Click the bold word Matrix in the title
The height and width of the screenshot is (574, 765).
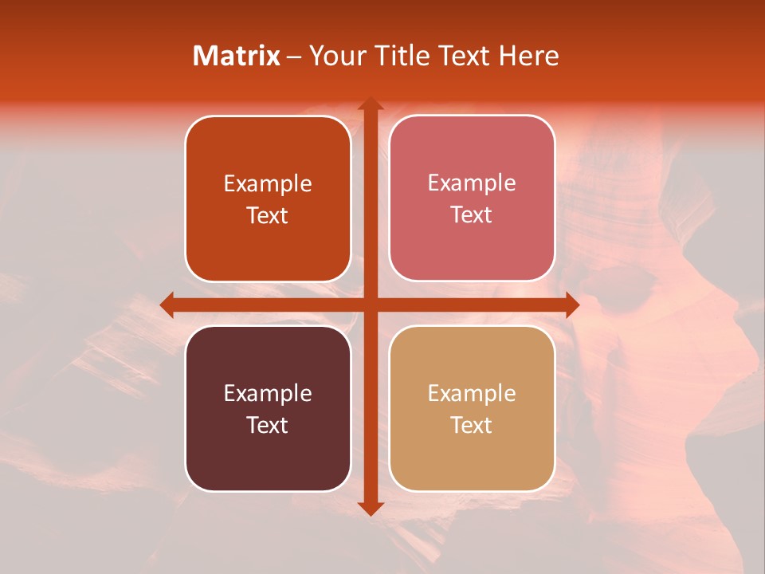point(236,56)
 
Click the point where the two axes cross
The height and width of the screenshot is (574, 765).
point(370,305)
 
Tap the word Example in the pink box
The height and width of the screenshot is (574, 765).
point(472,183)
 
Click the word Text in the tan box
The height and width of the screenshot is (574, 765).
point(472,425)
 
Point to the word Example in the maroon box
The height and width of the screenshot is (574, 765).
point(268,393)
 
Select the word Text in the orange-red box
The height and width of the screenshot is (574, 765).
point(268,215)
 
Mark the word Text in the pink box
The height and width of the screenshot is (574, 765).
point(472,214)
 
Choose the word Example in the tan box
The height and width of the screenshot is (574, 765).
point(472,393)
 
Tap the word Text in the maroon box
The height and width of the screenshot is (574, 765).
point(268,425)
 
